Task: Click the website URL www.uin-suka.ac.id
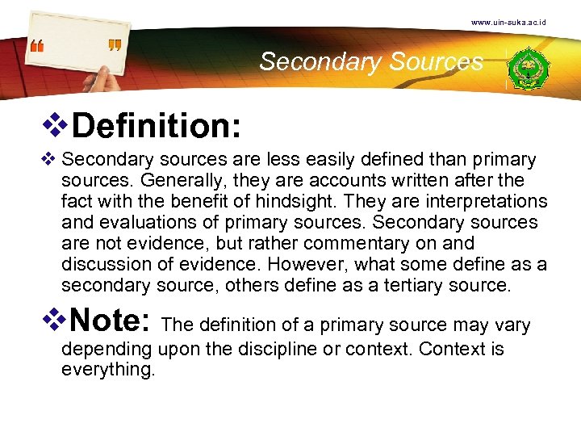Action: click(508, 22)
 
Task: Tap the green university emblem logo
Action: click(529, 68)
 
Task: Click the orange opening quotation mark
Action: click(36, 46)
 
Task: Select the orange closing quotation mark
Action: click(114, 45)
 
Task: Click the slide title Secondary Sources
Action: click(371, 61)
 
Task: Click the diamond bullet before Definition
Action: click(61, 125)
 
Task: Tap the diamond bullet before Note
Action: click(61, 321)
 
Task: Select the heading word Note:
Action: click(112, 321)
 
